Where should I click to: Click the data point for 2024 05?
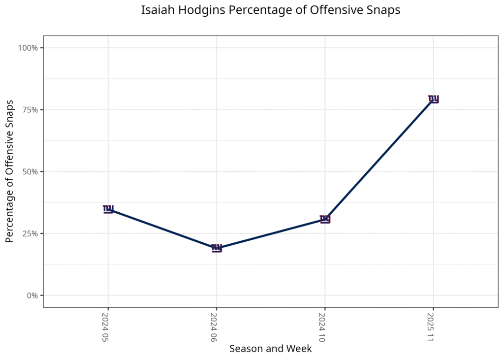pyautogui.click(x=108, y=209)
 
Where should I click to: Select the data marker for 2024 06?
pyautogui.click(x=217, y=248)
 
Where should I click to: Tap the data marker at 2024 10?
pyautogui.click(x=325, y=219)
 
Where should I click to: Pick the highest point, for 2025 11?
pyautogui.click(x=433, y=99)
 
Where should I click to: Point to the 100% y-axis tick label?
pyautogui.click(x=28, y=48)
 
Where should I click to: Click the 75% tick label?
pyautogui.click(x=30, y=110)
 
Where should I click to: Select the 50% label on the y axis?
pyautogui.click(x=30, y=172)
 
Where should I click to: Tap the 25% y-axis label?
pyautogui.click(x=30, y=233)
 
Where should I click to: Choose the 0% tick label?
pyautogui.click(x=32, y=295)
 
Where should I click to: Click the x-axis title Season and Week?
pyautogui.click(x=271, y=349)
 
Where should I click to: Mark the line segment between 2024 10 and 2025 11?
pyautogui.click(x=379, y=160)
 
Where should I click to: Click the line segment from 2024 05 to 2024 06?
pyautogui.click(x=162, y=229)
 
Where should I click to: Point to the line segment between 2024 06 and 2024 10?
pyautogui.click(x=271, y=234)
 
